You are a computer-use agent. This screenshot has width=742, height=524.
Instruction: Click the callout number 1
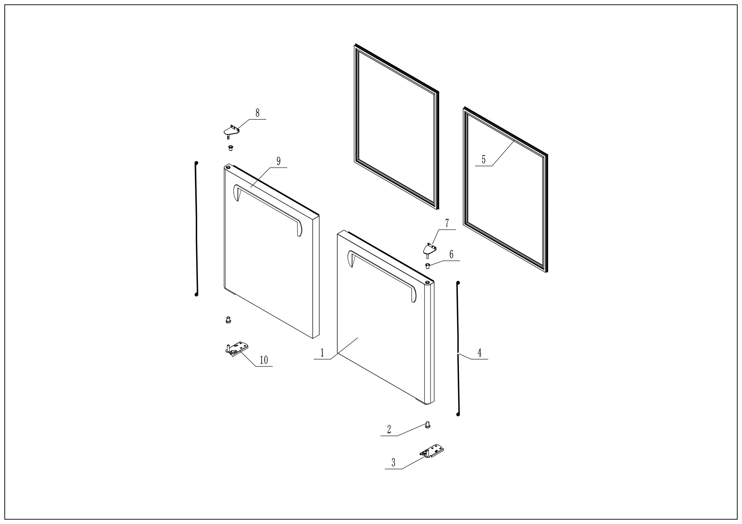pos(322,353)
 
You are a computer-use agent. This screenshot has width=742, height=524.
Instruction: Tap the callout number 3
pos(393,462)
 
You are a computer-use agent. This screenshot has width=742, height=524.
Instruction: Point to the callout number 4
pos(479,353)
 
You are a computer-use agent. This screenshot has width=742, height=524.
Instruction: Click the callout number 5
pos(484,160)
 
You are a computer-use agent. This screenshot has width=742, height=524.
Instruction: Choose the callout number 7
pos(447,223)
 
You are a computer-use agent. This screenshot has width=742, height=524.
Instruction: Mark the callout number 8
pos(257,113)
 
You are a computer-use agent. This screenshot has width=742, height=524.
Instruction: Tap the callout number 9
pos(278,161)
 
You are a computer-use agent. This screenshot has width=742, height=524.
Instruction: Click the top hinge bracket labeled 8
pos(231,131)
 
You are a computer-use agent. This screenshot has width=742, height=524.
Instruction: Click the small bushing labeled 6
pos(427,266)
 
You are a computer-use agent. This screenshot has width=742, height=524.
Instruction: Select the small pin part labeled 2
pos(428,425)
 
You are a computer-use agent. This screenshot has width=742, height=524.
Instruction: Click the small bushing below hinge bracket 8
pos(230,148)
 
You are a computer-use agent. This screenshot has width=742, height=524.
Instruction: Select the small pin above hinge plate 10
pos(228,320)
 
